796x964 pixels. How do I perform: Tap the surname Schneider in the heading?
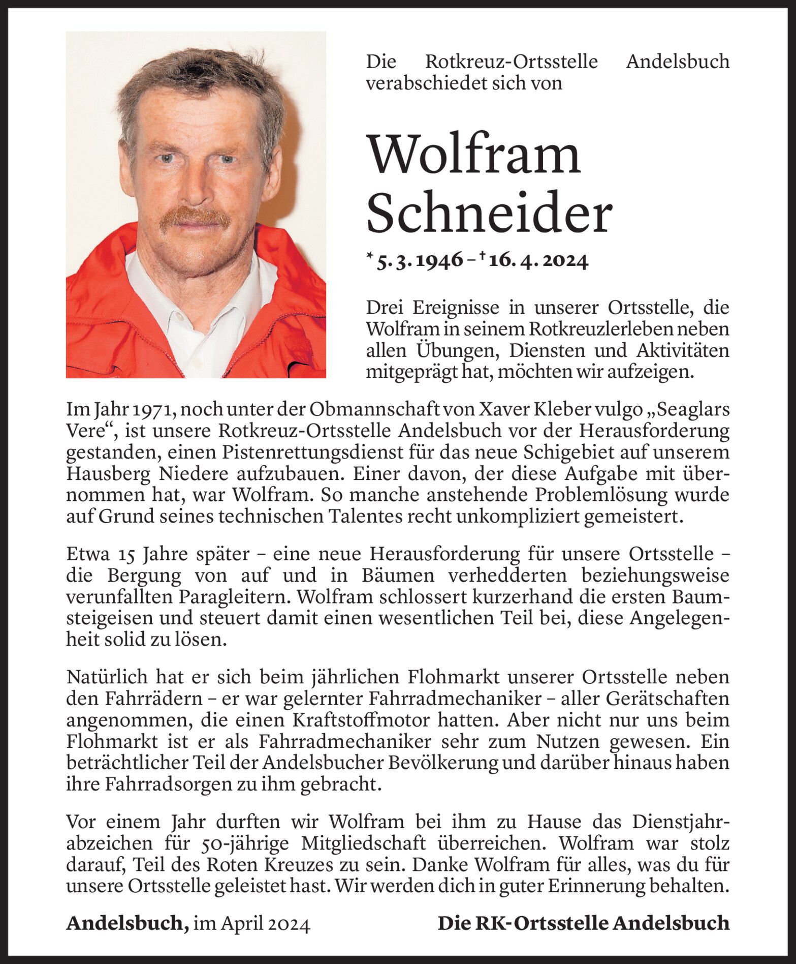tap(489, 214)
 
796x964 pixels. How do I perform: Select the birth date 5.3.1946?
tap(419, 261)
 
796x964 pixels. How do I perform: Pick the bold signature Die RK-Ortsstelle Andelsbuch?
tap(583, 923)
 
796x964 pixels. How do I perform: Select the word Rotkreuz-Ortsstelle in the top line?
tap(511, 62)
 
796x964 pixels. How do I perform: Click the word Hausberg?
tap(108, 474)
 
